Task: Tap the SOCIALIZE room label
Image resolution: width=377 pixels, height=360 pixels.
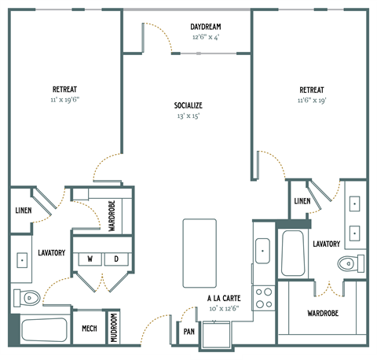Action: click(188, 105)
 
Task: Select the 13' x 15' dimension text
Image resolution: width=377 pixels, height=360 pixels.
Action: click(188, 116)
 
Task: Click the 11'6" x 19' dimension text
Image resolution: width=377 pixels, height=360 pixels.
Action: click(312, 101)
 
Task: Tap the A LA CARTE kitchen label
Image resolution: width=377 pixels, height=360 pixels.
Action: click(224, 299)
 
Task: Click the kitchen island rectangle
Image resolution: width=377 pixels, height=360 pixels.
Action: click(199, 253)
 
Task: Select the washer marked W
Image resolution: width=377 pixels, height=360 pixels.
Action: click(90, 259)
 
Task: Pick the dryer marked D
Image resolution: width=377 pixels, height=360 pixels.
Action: click(115, 259)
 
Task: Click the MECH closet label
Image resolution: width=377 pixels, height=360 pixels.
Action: click(90, 328)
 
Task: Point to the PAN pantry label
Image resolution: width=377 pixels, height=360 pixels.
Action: click(189, 332)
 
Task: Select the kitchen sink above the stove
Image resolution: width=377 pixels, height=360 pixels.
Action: click(263, 251)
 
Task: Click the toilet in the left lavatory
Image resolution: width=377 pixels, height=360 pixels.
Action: click(27, 297)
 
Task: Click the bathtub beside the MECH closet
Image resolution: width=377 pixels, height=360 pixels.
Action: click(44, 330)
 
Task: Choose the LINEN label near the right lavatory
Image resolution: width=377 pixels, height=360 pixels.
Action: click(302, 201)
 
